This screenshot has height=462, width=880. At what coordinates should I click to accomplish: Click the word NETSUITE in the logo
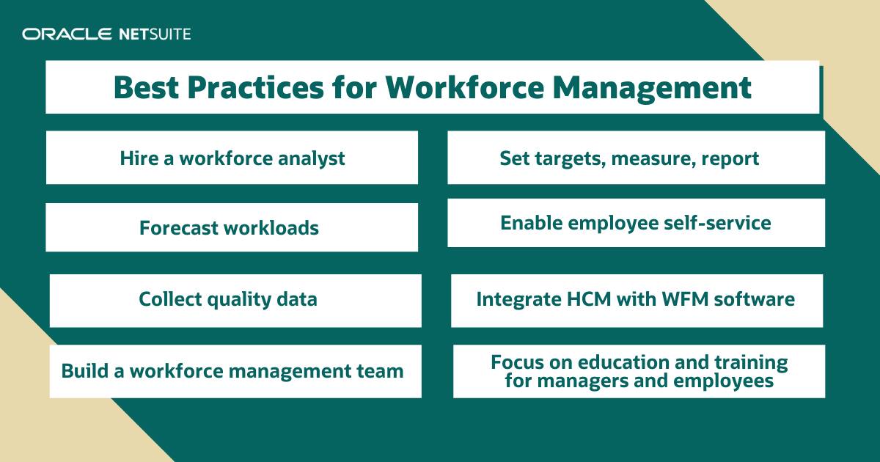(153, 34)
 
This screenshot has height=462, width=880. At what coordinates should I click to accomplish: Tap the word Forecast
(179, 228)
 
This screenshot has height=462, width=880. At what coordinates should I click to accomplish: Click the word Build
(82, 371)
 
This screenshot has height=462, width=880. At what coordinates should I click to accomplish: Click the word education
(621, 362)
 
